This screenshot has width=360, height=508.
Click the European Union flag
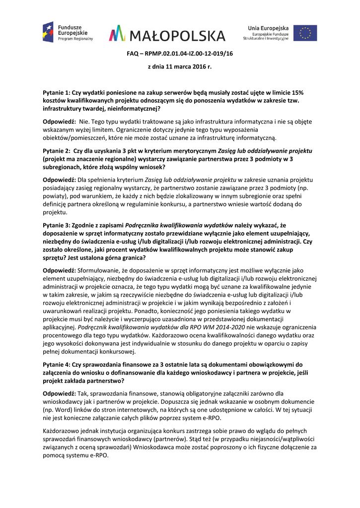click(305, 33)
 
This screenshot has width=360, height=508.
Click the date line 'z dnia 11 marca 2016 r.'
click(180, 66)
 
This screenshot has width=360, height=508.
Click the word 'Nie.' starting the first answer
click(84, 122)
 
